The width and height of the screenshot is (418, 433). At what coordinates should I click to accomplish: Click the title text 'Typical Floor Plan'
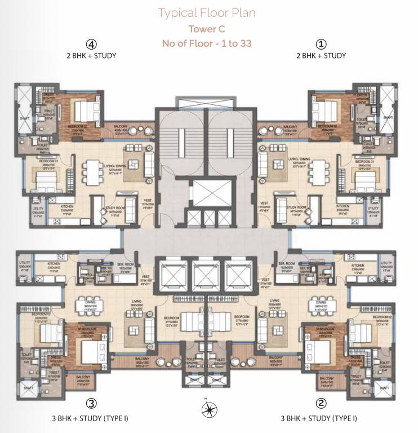pos(206,12)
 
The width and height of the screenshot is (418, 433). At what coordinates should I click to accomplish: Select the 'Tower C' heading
pos(207,29)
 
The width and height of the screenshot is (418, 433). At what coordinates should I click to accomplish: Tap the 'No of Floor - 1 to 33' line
pos(207,43)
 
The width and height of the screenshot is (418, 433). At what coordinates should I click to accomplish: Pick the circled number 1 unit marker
pos(321,44)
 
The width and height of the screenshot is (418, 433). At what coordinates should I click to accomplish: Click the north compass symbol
pos(206,409)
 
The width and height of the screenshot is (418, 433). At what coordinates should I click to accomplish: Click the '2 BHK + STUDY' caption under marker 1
pos(321,56)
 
